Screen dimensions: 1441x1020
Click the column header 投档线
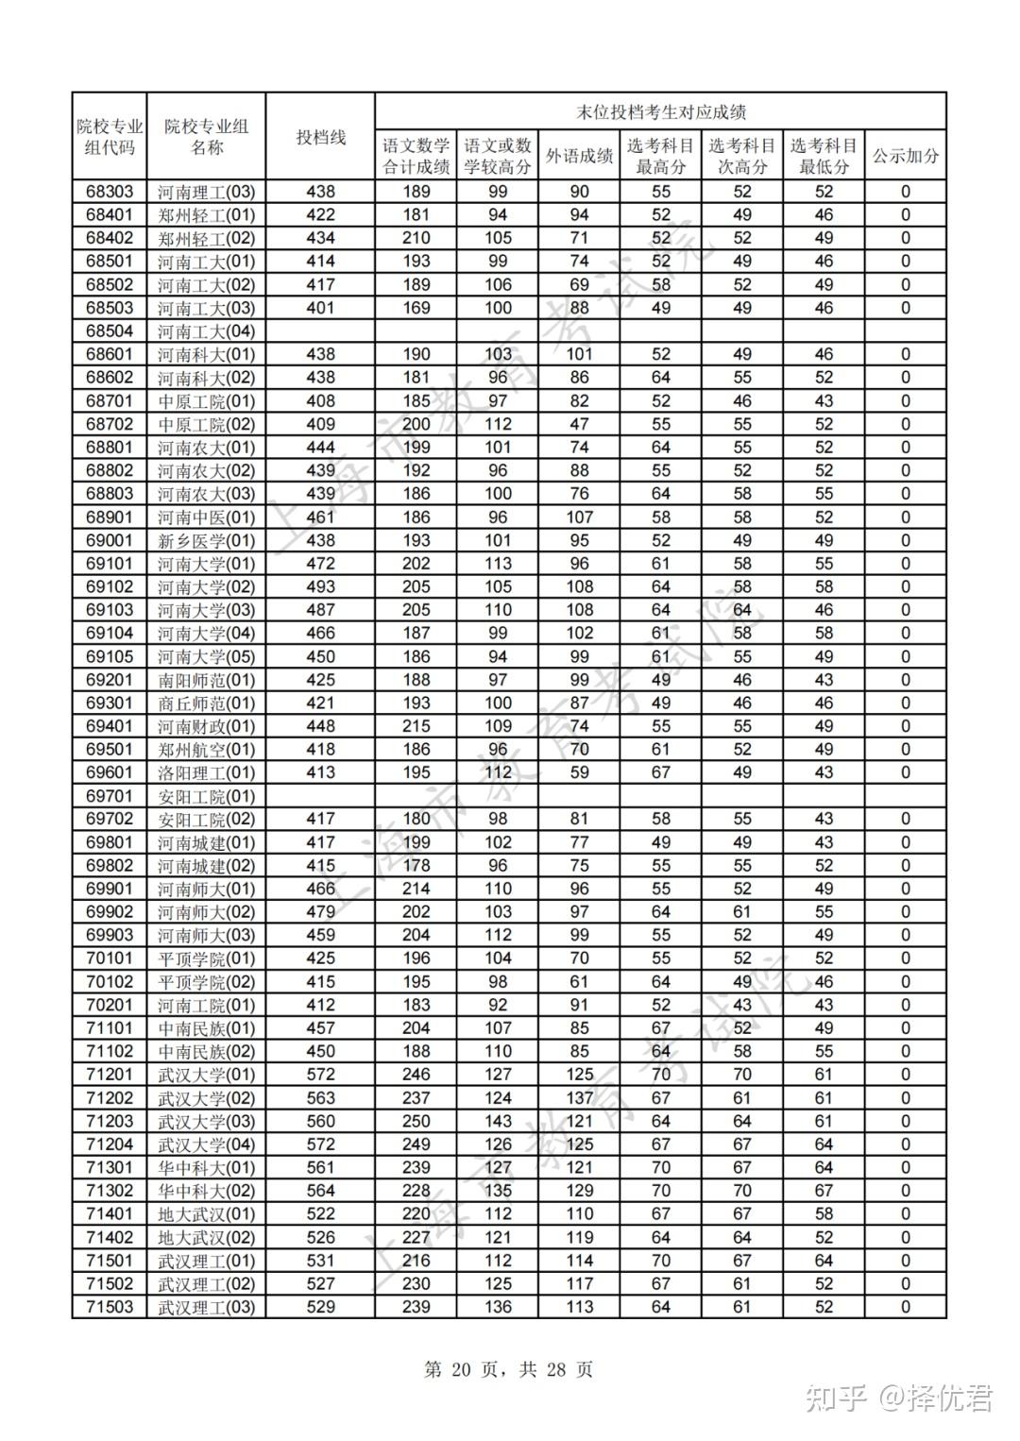click(x=320, y=137)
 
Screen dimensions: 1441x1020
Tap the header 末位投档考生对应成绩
click(x=660, y=111)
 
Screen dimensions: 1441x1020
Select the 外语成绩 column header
click(x=579, y=156)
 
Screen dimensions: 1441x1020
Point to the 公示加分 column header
click(x=905, y=156)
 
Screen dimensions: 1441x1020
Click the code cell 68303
click(x=110, y=192)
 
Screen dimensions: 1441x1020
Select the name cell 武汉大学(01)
click(x=206, y=1075)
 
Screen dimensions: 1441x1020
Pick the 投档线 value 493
click(x=320, y=587)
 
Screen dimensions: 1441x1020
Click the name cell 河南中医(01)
click(x=206, y=517)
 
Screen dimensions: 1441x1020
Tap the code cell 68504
click(x=110, y=331)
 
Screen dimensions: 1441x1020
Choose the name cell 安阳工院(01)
click(x=206, y=796)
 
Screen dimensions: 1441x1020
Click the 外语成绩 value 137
click(x=579, y=1098)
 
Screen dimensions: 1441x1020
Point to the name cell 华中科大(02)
click(x=206, y=1191)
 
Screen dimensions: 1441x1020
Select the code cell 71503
click(x=110, y=1307)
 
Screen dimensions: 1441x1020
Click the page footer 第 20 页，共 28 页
click(x=509, y=1369)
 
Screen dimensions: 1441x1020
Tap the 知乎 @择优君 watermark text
click(x=899, y=1398)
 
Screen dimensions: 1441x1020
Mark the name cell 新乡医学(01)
click(x=206, y=541)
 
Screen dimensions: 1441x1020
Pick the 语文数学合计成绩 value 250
click(x=416, y=1121)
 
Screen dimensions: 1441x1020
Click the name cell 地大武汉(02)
click(x=206, y=1237)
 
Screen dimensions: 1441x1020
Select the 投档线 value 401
click(x=320, y=308)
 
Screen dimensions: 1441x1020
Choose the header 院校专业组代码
click(x=110, y=137)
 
